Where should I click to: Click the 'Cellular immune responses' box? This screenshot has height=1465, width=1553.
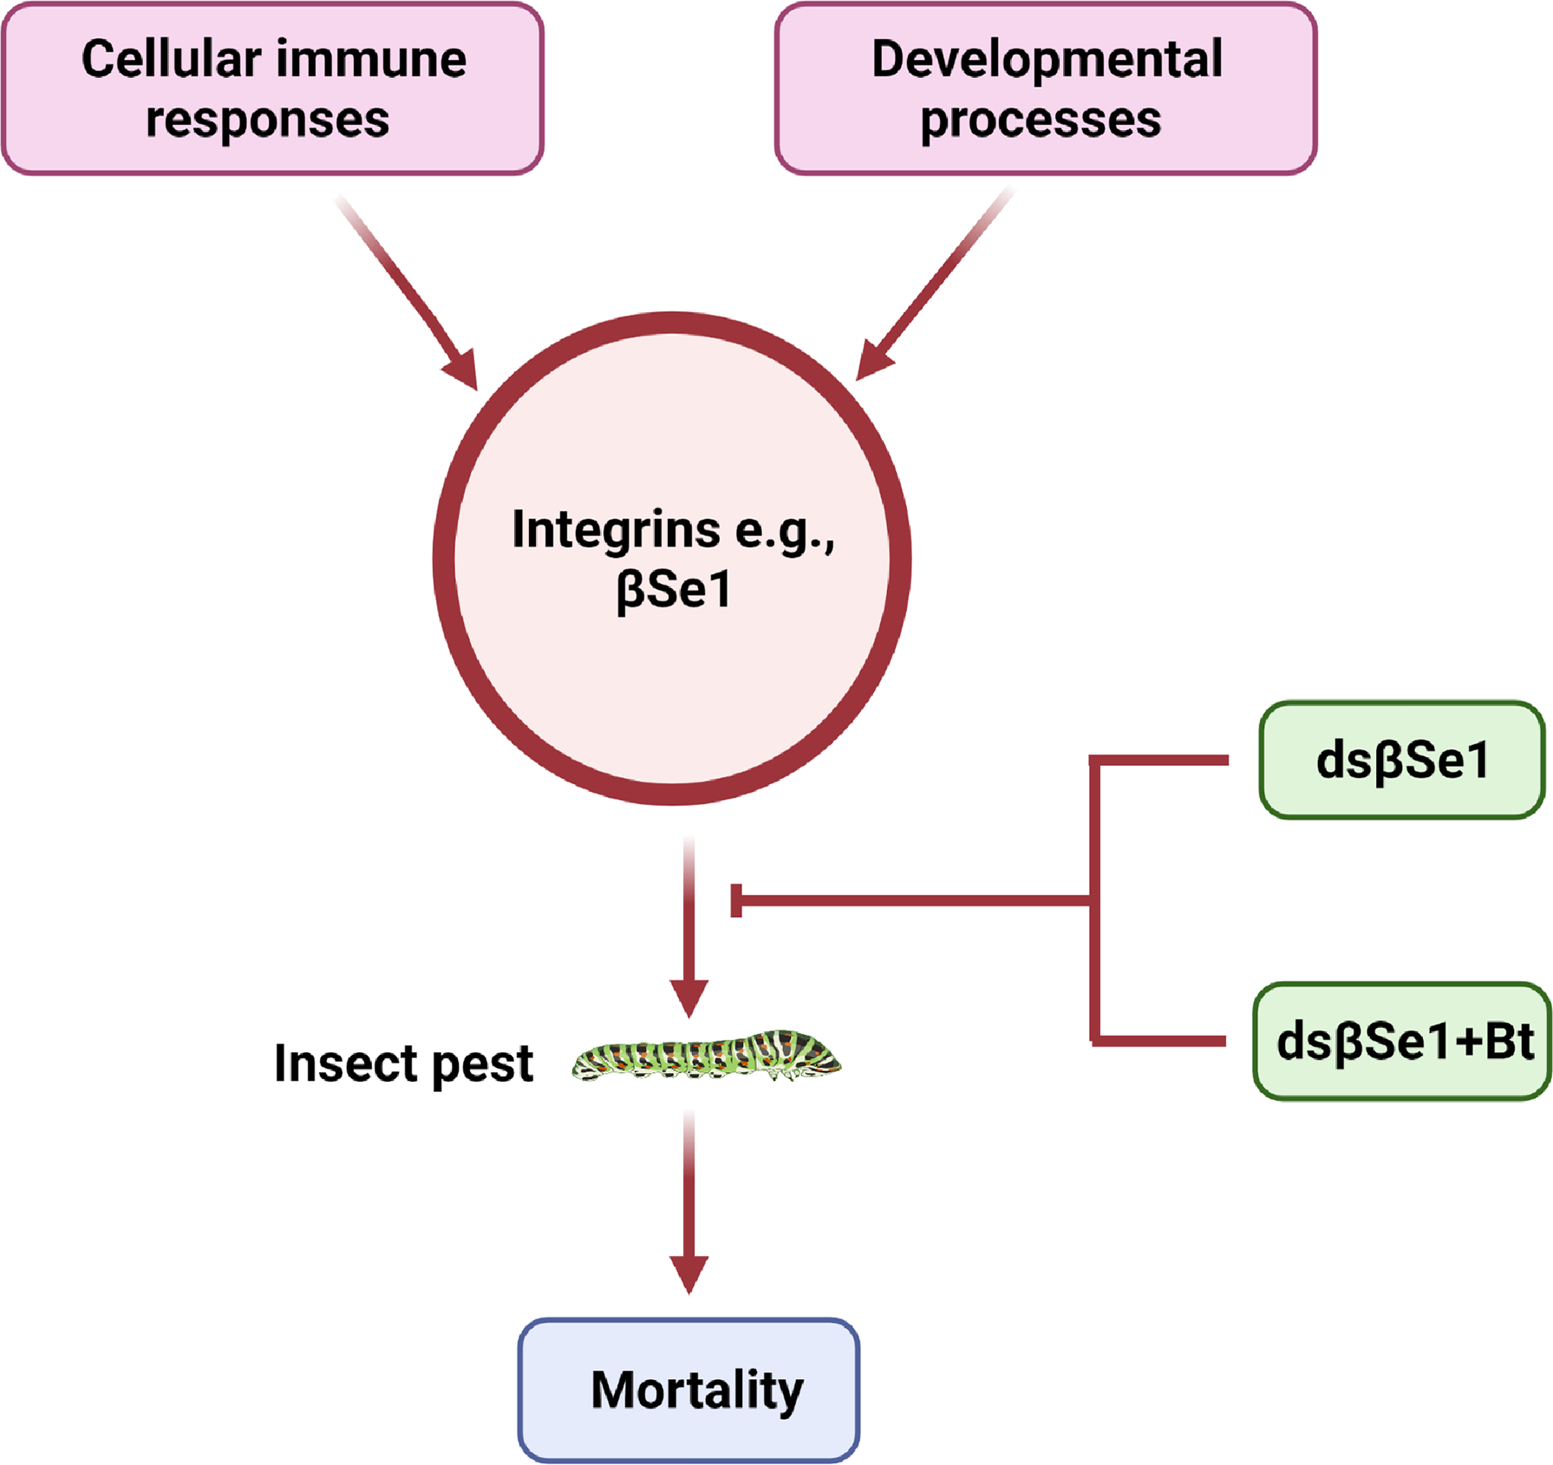[x=272, y=88]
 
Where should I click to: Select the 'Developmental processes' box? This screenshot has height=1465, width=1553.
[x=1046, y=88]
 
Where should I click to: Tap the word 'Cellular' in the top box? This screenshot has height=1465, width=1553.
[x=171, y=59]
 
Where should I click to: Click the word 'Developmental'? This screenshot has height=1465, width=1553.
[x=1047, y=59]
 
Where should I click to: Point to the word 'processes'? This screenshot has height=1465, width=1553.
[x=1040, y=120]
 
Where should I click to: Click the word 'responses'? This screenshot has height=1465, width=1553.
[x=267, y=120]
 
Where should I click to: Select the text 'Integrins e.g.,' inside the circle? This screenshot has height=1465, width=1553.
[x=673, y=530]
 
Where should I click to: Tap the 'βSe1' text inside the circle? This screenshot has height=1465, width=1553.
[x=673, y=590]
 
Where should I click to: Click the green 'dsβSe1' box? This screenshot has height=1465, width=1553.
[x=1401, y=760]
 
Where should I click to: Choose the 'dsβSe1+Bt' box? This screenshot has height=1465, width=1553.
[x=1402, y=1041]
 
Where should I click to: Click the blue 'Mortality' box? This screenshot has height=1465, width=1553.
[x=688, y=1390]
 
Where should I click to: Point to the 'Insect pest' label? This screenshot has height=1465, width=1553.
[x=403, y=1063]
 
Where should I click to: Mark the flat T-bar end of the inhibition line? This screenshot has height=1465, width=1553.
[x=736, y=900]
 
